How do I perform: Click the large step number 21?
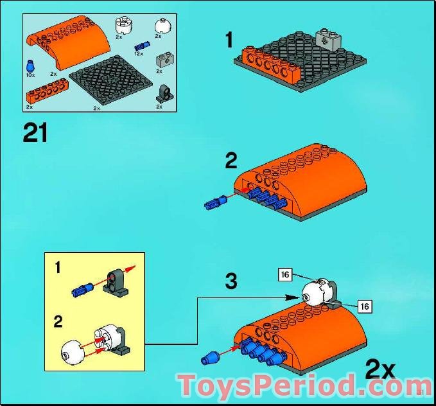point(35,133)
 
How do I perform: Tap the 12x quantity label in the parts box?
point(139,54)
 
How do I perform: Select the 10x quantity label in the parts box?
point(30,75)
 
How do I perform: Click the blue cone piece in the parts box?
point(30,66)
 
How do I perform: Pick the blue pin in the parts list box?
point(142,46)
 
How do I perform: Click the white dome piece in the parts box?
point(162,26)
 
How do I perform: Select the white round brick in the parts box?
point(123,26)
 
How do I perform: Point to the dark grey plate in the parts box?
point(111,80)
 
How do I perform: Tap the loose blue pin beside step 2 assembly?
point(215,202)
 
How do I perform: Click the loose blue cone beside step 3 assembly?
point(210,358)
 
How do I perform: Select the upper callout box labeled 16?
point(285,275)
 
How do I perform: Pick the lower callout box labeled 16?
point(365,306)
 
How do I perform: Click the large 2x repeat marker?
point(380,370)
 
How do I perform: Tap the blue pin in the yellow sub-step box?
point(82,289)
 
